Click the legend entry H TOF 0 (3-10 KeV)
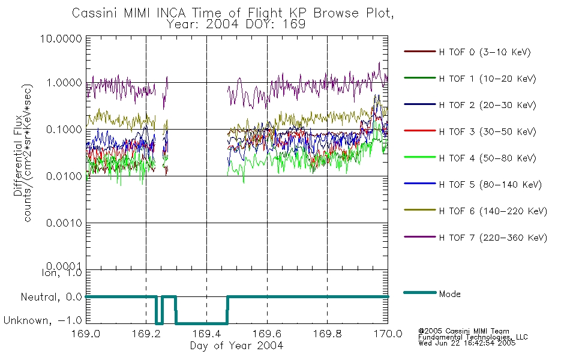coord(485,52)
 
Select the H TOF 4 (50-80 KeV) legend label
coord(487,158)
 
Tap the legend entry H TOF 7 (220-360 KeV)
coord(493,238)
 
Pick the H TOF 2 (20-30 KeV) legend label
coord(487,105)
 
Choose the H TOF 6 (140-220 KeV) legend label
coord(493,211)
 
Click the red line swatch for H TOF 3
coord(420,131)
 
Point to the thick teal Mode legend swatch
coord(420,292)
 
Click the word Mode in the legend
coord(449,294)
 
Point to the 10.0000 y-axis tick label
coord(61,38)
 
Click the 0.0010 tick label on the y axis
coord(64,223)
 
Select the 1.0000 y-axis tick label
coord(64,83)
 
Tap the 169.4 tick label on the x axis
coord(206,334)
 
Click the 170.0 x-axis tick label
coord(388,334)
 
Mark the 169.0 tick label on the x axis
coord(86,334)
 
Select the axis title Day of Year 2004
coord(236,346)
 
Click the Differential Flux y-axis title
coord(18,155)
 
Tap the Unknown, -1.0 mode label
coord(43,320)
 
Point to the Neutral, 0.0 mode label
coord(51,297)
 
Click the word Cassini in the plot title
coord(95,13)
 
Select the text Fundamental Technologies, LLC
coord(473,337)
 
